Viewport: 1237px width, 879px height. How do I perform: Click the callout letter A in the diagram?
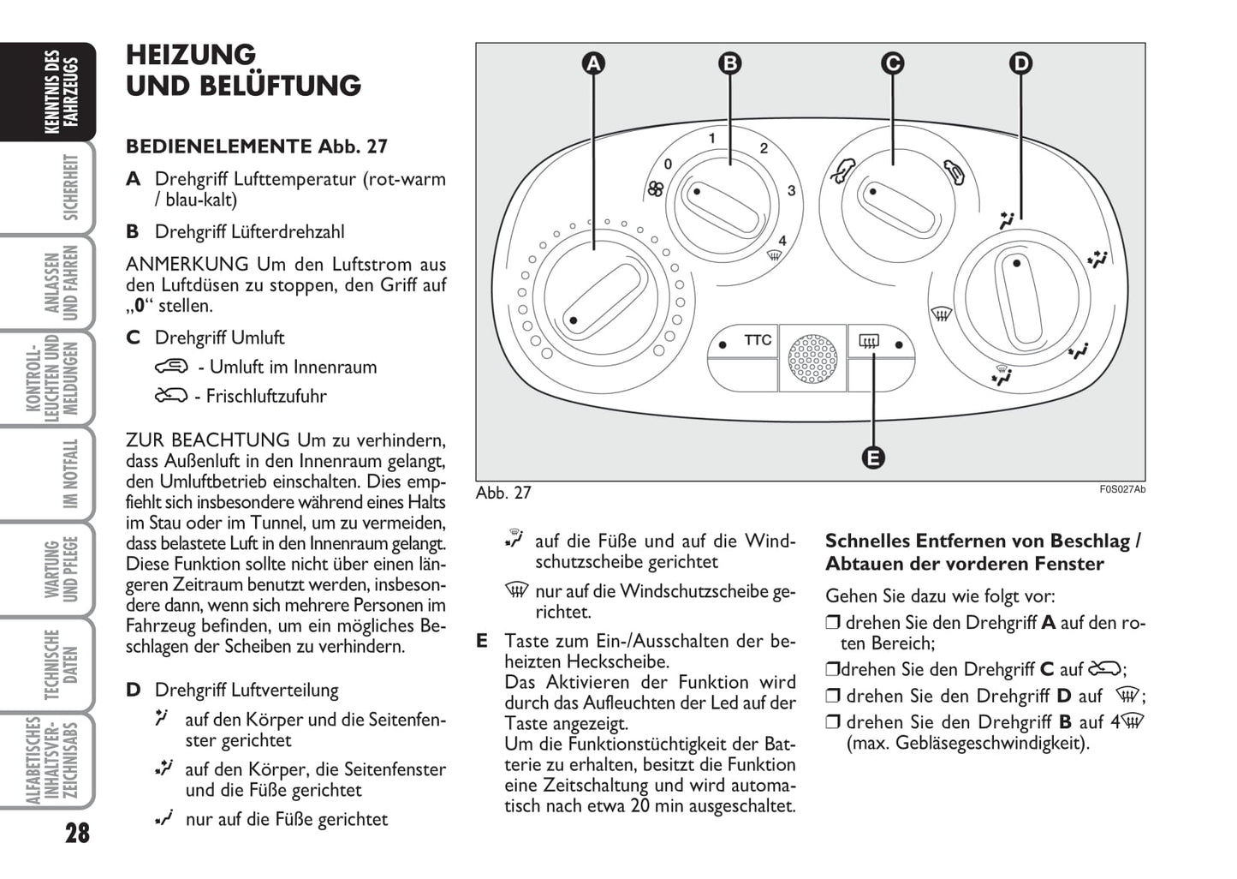(x=593, y=63)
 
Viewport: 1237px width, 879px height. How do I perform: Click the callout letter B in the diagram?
(x=729, y=63)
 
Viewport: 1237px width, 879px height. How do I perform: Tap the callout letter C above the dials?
(x=892, y=63)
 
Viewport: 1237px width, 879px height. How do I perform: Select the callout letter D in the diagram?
(x=1020, y=63)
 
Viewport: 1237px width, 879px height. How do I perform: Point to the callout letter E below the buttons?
(x=872, y=457)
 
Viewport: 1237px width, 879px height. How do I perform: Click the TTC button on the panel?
(x=757, y=340)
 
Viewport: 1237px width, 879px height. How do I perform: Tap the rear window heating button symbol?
(x=869, y=344)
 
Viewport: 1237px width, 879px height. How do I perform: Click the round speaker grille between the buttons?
(x=812, y=359)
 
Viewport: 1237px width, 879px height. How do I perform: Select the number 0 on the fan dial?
(x=668, y=164)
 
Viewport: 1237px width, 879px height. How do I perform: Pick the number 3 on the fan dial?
(x=791, y=190)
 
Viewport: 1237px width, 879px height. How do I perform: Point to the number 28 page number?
(x=76, y=832)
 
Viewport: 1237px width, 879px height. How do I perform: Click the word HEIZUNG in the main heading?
(x=191, y=55)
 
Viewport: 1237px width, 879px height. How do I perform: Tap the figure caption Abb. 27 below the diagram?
(x=503, y=493)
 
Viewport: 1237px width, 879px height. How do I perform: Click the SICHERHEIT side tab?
(x=71, y=187)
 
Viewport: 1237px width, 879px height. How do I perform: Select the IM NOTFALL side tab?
(x=71, y=474)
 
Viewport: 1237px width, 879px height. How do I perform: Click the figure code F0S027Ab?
(x=1122, y=489)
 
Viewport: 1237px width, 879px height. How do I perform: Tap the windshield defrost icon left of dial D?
(x=942, y=314)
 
